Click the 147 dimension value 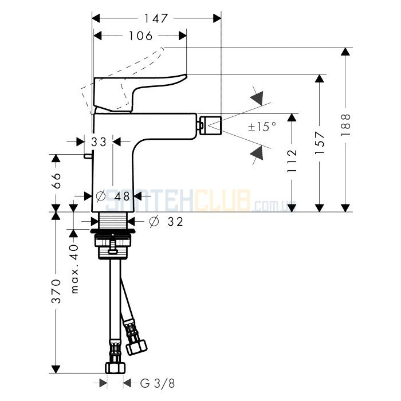click(x=156, y=18)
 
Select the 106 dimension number click(x=140, y=36)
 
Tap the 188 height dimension click(x=345, y=125)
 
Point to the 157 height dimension click(x=320, y=143)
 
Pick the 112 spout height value click(x=292, y=161)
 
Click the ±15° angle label click(x=262, y=127)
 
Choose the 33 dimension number click(x=99, y=142)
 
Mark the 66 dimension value click(x=56, y=180)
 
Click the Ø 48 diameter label click(x=113, y=196)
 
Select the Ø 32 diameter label click(x=166, y=222)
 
